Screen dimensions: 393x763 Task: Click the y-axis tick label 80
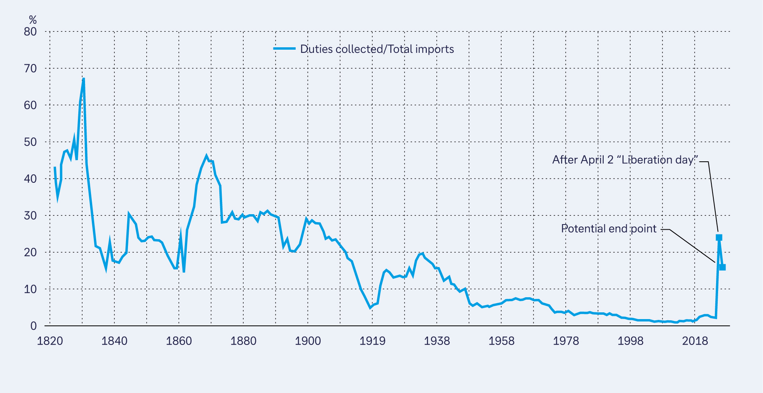pyautogui.click(x=30, y=32)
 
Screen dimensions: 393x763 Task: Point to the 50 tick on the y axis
pyautogui.click(x=30, y=142)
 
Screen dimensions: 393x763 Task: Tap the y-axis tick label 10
pyautogui.click(x=30, y=289)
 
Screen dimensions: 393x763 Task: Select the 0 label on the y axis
pyautogui.click(x=33, y=326)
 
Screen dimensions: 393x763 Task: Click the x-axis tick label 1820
pyautogui.click(x=50, y=341)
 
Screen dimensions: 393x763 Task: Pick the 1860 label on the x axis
pyautogui.click(x=179, y=341)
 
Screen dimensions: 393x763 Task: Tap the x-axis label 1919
pyautogui.click(x=372, y=341)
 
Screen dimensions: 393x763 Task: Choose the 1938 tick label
pyautogui.click(x=437, y=341)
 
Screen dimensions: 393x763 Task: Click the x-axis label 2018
pyautogui.click(x=695, y=341)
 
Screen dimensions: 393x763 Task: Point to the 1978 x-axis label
pyautogui.click(x=566, y=341)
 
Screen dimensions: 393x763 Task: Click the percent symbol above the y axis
pyautogui.click(x=33, y=20)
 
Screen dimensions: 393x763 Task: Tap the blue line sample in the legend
pyautogui.click(x=284, y=49)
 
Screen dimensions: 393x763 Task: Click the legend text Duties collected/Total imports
pyautogui.click(x=377, y=49)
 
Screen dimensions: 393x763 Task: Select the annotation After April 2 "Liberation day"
pyautogui.click(x=625, y=160)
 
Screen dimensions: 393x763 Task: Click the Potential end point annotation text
pyautogui.click(x=609, y=228)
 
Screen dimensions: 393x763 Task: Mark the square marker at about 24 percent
pyautogui.click(x=719, y=238)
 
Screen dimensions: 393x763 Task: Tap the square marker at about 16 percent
pyautogui.click(x=722, y=267)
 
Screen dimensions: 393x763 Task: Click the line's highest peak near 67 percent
pyautogui.click(x=83, y=79)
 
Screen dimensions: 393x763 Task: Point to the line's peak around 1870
pyautogui.click(x=206, y=156)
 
